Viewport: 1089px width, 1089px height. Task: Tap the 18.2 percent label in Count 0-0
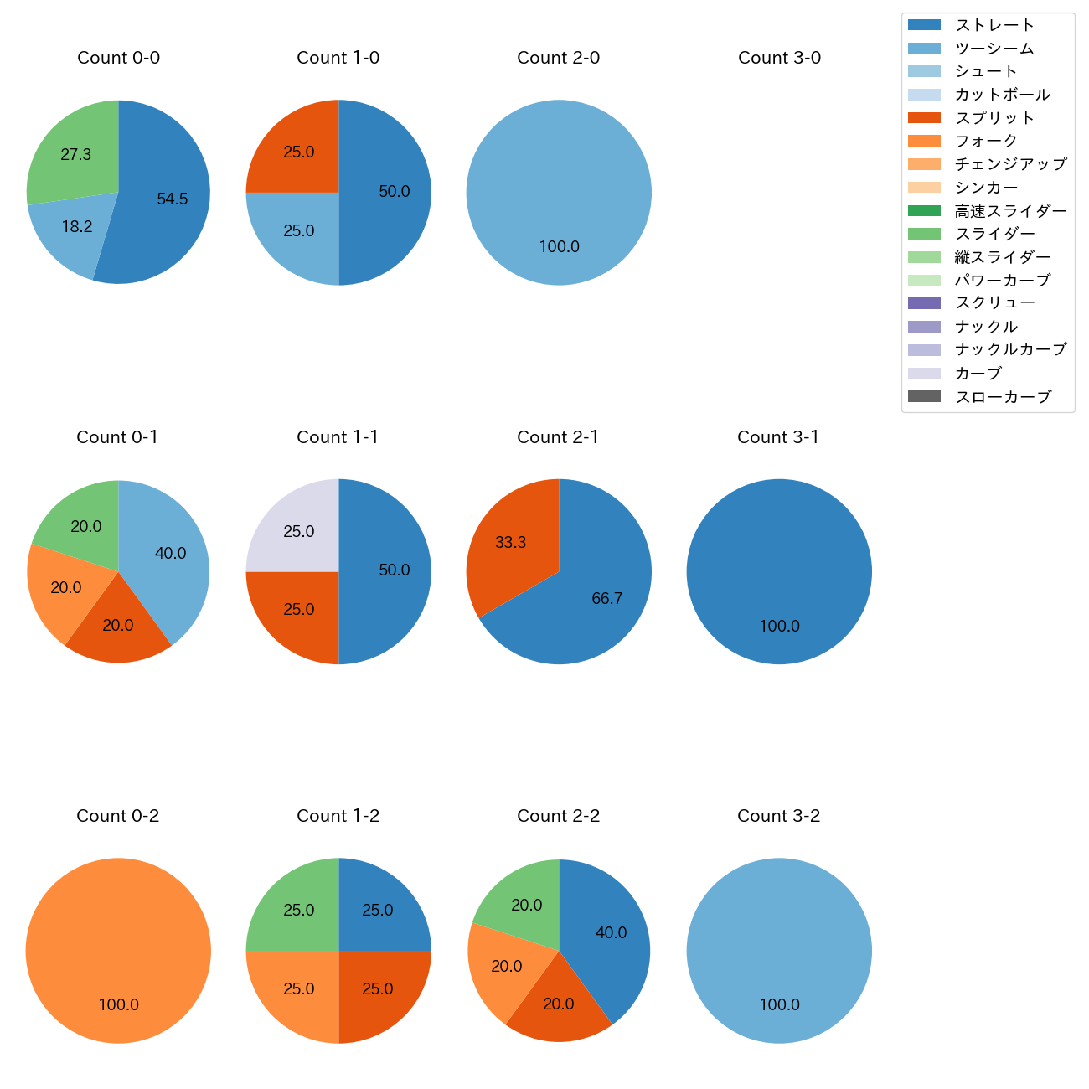point(77,227)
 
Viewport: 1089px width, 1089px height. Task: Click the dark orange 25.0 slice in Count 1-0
point(297,151)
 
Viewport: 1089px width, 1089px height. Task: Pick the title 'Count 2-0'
point(558,58)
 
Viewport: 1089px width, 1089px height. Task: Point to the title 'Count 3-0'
point(779,58)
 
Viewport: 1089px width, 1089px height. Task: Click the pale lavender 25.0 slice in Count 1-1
point(297,530)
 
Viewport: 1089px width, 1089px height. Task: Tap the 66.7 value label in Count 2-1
point(606,599)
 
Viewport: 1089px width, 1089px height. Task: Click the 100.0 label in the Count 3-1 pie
point(779,627)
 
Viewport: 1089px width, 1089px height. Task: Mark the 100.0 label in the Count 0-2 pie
point(118,1005)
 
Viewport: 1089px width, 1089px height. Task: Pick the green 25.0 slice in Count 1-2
point(297,909)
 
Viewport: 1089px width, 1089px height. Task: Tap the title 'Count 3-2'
point(778,816)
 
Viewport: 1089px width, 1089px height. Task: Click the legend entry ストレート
point(994,25)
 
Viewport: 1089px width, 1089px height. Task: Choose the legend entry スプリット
point(994,118)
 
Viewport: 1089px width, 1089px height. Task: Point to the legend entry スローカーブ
point(1003,397)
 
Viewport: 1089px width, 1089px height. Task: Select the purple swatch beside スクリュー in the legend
point(924,303)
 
